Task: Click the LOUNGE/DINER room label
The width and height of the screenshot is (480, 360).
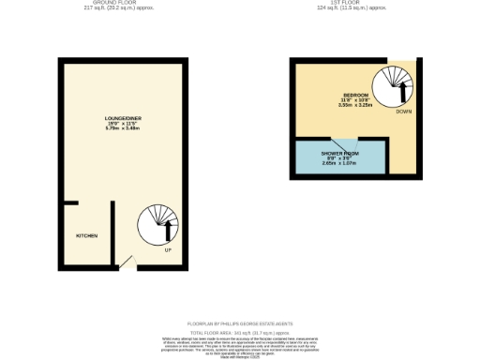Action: pos(121,117)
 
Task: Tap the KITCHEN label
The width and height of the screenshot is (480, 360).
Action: pos(87,235)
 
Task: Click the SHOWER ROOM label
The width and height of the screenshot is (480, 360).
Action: pos(341,152)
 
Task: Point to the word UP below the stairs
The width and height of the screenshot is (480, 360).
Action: pos(167,250)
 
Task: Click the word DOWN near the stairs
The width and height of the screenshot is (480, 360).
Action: pos(403,112)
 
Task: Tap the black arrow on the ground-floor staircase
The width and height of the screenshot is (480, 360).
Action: pos(168,229)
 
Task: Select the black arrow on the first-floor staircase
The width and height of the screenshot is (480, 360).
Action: pos(404,90)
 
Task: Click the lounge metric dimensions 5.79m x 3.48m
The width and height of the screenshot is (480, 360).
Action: pos(121,128)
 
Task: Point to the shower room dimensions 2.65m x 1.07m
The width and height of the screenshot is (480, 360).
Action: pos(341,162)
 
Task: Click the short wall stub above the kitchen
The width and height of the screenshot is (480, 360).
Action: pos(70,202)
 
